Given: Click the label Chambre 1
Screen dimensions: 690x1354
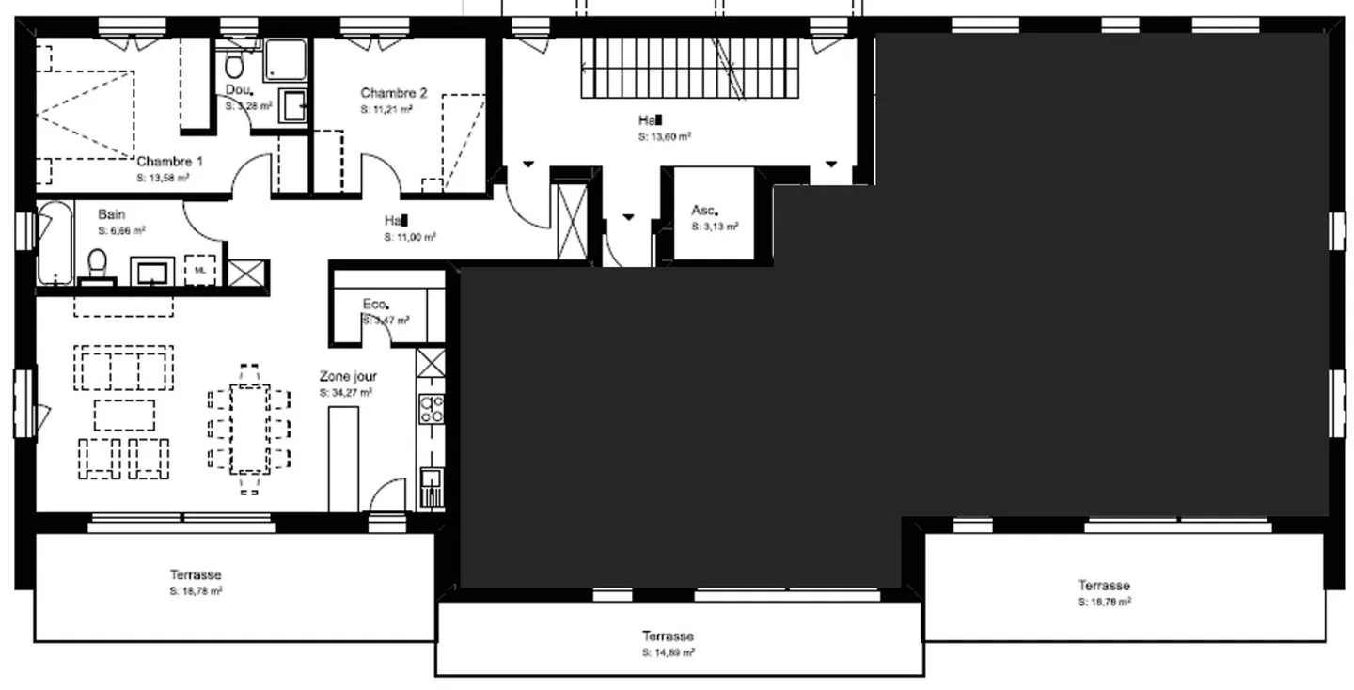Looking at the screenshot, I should [x=169, y=162].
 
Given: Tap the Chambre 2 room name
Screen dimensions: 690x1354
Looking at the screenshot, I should [x=393, y=93].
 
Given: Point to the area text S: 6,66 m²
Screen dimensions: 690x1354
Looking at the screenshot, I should [x=121, y=230].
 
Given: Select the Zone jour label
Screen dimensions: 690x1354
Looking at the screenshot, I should [x=348, y=376].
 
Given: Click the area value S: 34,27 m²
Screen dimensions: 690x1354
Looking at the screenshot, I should [x=345, y=392].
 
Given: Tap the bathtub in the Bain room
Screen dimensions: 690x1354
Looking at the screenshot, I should [x=55, y=243].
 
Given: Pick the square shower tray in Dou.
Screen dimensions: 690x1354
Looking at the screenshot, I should [x=285, y=59].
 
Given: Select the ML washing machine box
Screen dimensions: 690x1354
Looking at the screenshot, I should [x=199, y=270].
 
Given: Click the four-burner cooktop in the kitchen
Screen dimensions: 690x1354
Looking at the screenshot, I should [x=432, y=409].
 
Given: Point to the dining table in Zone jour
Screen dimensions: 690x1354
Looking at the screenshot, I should [x=249, y=428].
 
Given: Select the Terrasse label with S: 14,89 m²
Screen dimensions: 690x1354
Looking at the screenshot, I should [x=668, y=636].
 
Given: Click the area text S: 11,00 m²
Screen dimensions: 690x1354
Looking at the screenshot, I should [x=409, y=238].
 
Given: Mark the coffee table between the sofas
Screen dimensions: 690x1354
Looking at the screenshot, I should [x=124, y=415].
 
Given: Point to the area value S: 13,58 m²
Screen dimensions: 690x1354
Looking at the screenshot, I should [x=163, y=178].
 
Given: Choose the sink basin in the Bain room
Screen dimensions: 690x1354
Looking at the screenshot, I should [x=150, y=273].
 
